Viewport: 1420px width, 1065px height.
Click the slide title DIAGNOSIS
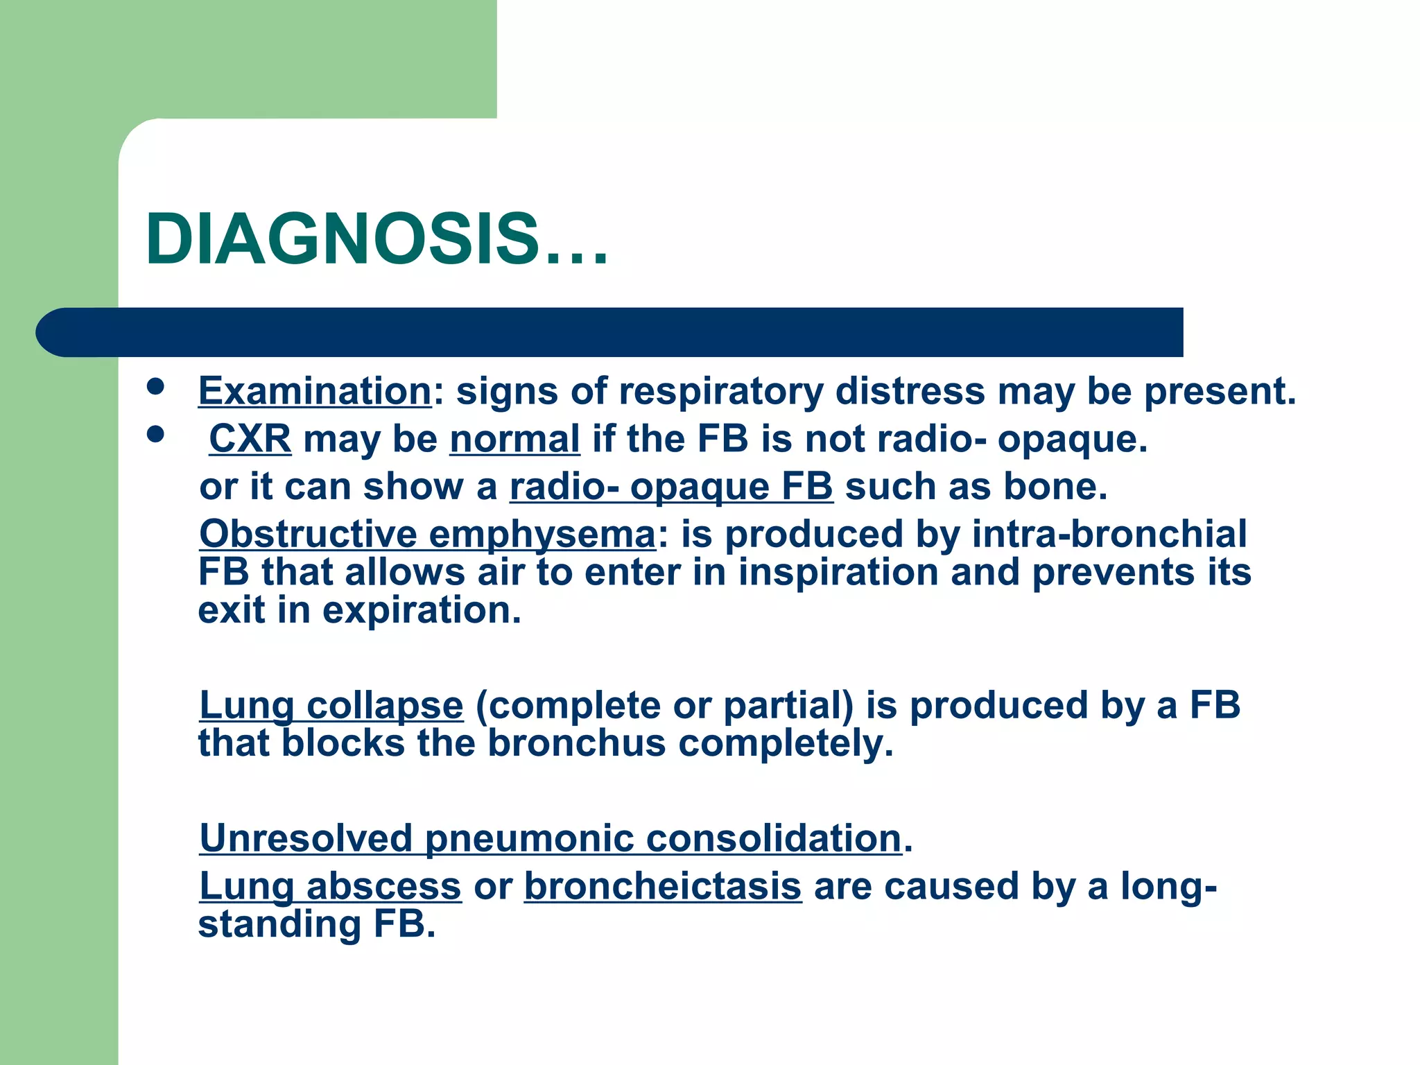click(376, 239)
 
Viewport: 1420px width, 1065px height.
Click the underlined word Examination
click(315, 391)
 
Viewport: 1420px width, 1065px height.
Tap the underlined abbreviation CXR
click(250, 439)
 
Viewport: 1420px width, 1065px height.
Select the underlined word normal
click(514, 439)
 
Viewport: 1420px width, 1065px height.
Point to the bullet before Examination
click(155, 386)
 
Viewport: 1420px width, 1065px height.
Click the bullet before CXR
click(155, 435)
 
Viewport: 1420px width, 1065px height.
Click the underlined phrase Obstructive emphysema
click(427, 535)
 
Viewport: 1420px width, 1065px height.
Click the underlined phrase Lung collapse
click(331, 706)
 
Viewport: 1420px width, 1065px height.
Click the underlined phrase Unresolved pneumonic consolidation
click(551, 838)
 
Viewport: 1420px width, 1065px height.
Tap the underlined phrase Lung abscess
click(330, 886)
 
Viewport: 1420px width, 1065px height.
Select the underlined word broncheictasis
click(663, 886)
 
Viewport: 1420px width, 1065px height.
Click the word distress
click(910, 391)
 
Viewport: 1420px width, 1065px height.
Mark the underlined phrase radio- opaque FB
click(671, 487)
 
